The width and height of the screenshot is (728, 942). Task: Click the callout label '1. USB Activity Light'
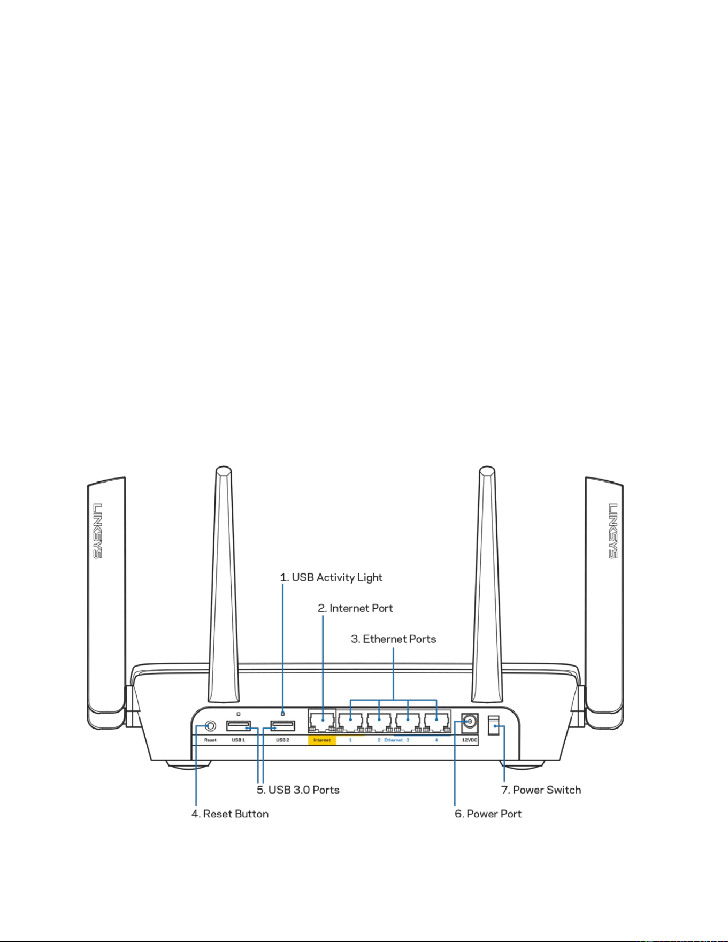pos(331,578)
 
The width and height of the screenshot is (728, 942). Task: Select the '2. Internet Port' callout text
pos(355,608)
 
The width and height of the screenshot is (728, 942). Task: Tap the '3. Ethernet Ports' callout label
pos(394,639)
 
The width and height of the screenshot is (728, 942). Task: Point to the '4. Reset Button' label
pos(230,814)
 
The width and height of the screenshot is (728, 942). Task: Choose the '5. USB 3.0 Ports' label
pos(298,790)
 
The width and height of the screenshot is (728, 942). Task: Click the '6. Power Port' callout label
pos(488,814)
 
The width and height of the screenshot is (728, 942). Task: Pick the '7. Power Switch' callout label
pos(541,790)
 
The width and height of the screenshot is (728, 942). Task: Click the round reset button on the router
pos(210,726)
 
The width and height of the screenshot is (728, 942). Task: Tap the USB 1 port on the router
pos(239,726)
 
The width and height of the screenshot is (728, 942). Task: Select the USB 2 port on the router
pos(282,726)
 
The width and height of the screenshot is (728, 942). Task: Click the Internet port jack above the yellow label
pos(322,722)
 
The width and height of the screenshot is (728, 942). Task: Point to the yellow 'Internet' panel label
pos(322,740)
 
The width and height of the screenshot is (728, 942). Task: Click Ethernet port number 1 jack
pos(351,722)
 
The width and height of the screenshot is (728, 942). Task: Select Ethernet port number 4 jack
pos(437,722)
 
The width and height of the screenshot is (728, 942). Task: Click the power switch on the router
pos(494,727)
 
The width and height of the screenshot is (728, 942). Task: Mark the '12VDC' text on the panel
pos(470,740)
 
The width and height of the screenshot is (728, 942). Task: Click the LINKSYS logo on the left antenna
pos(98,531)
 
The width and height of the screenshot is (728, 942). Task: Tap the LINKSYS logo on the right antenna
pos(613,531)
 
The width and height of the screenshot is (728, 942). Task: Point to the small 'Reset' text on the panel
pos(210,740)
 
